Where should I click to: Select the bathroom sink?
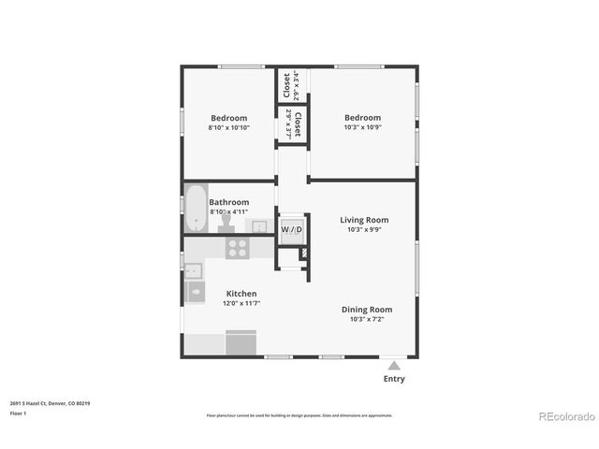(x=256, y=225)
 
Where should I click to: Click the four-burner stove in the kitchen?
(x=238, y=248)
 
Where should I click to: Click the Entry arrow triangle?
(x=394, y=366)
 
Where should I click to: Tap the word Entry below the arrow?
(x=394, y=379)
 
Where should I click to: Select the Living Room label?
(x=363, y=220)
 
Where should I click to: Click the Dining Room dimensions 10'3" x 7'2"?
(x=366, y=319)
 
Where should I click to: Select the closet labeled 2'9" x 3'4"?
(x=291, y=85)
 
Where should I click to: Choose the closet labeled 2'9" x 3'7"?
(x=291, y=123)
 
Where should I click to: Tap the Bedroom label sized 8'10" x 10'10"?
(x=228, y=118)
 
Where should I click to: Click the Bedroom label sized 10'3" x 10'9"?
(x=362, y=118)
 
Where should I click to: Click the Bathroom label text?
(x=228, y=202)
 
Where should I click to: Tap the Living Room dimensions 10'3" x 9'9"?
(x=363, y=230)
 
